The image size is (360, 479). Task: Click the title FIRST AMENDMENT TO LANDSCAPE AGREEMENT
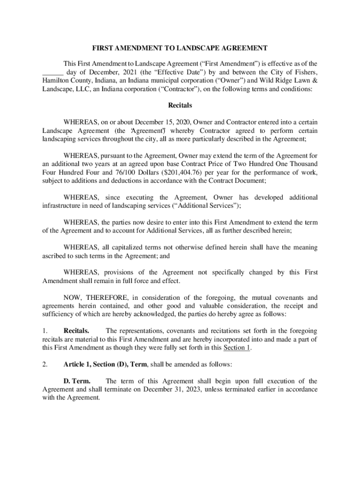tap(180, 48)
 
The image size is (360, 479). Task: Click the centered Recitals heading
tap(180, 106)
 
